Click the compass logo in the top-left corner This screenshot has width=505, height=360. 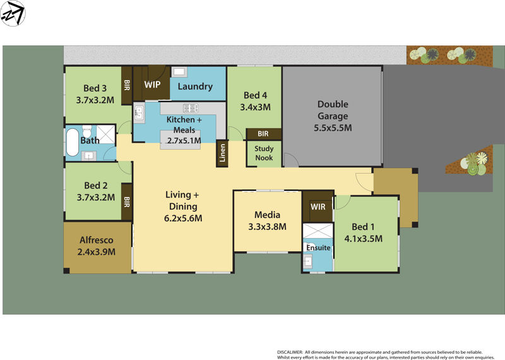point(13,13)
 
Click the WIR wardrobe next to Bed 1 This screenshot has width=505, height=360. point(318,207)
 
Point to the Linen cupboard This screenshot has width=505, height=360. point(222,153)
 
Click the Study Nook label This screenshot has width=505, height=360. point(264,153)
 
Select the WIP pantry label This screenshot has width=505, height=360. point(152,84)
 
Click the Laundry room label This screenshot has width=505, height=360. point(195,87)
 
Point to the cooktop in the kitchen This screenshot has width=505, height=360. point(189,107)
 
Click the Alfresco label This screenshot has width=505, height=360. point(97,240)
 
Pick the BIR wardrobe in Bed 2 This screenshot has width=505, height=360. point(126,202)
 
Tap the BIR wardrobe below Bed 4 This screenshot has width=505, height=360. point(263,134)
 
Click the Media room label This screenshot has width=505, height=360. point(267,215)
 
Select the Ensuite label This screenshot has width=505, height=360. point(318,248)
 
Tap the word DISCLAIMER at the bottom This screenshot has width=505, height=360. point(291,352)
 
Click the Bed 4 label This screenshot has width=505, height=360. point(255,96)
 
